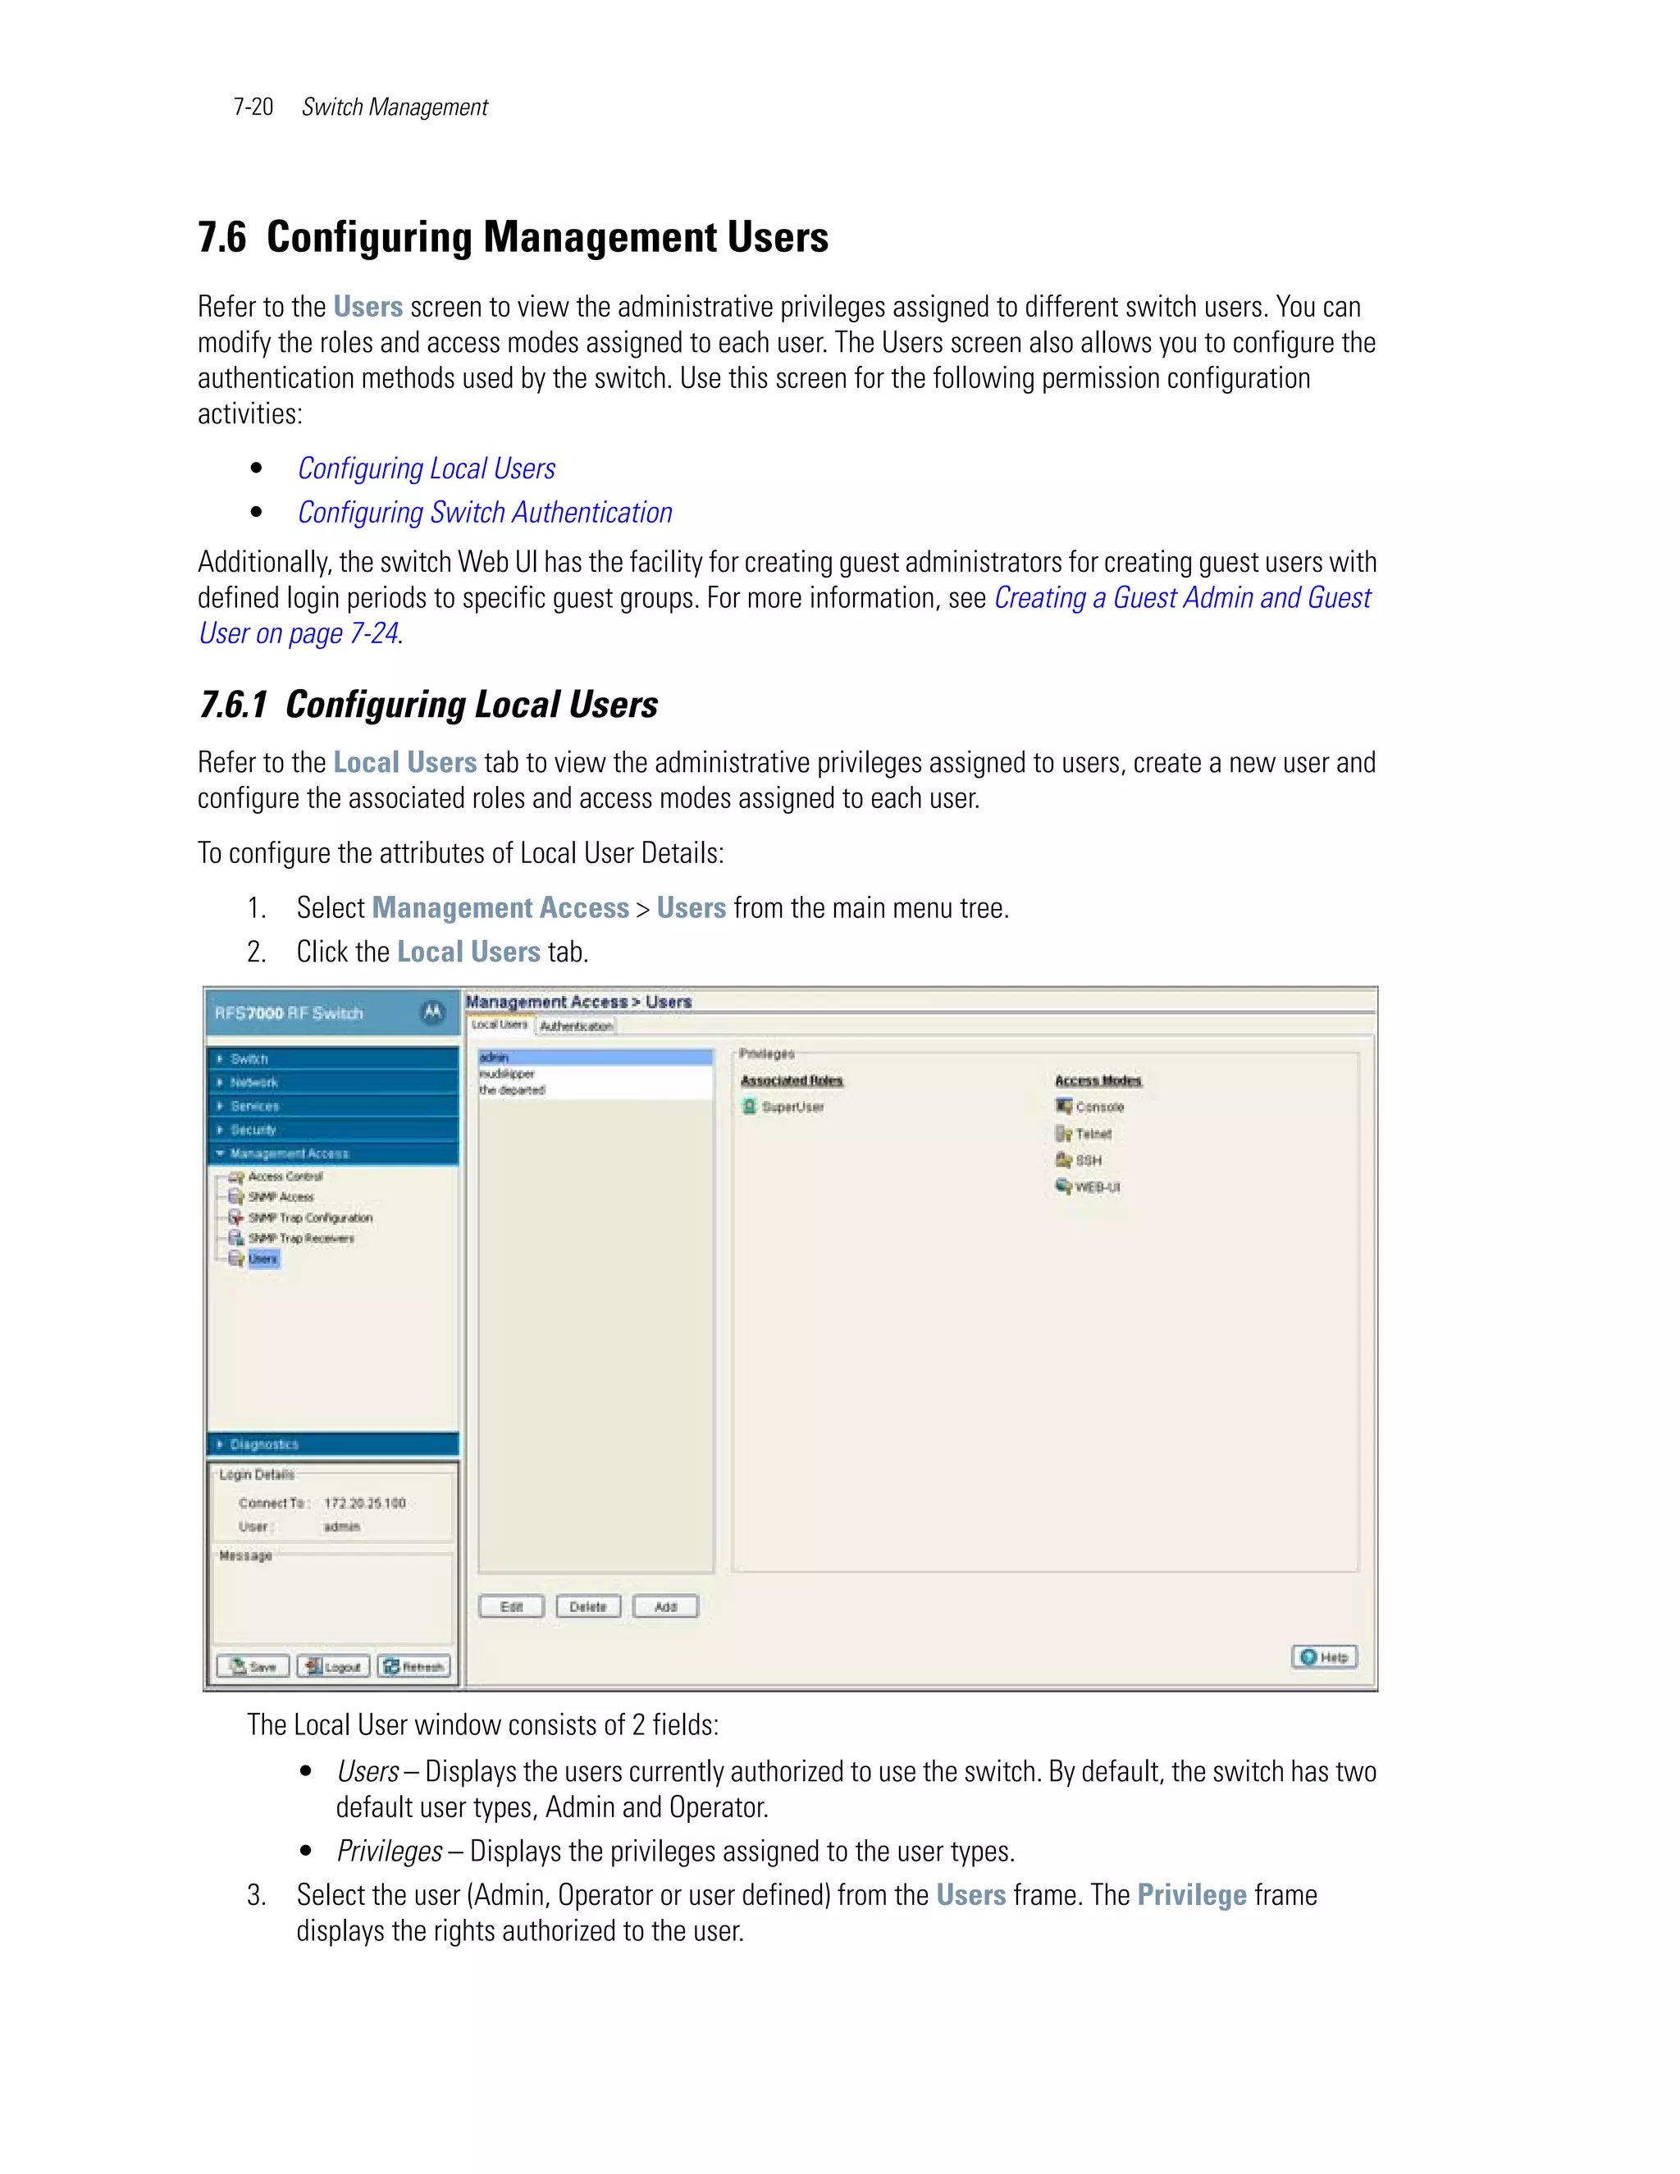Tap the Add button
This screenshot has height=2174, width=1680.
click(x=664, y=1606)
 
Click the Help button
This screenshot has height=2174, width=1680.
click(x=1324, y=1657)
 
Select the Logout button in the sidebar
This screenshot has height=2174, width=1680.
click(x=333, y=1666)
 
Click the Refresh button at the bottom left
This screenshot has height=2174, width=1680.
click(x=414, y=1666)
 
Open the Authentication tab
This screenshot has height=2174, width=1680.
click(x=575, y=1026)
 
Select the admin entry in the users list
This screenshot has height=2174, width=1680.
click(x=594, y=1057)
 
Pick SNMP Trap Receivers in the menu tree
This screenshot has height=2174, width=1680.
click(x=299, y=1238)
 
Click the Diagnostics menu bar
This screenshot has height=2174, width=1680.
click(x=332, y=1445)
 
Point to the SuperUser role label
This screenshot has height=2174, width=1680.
click(x=792, y=1107)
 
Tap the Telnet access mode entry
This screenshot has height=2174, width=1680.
click(x=1093, y=1134)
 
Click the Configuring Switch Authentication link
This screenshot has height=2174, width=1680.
click(x=485, y=513)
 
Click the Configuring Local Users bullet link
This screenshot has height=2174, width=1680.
click(x=426, y=468)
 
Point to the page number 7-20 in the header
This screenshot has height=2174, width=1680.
click(x=253, y=107)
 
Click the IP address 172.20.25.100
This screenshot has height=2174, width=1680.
click(x=364, y=1503)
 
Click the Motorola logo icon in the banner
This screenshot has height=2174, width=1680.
click(x=433, y=1012)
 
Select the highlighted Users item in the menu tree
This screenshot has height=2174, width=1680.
click(x=262, y=1259)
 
